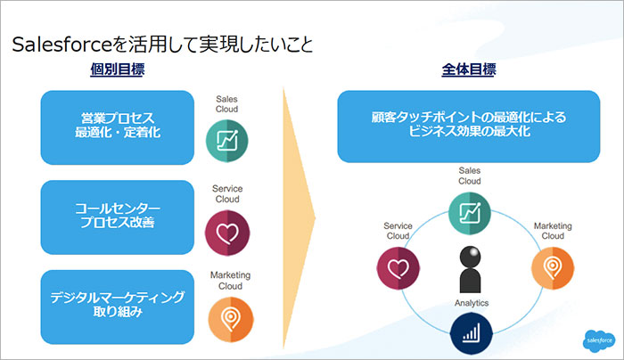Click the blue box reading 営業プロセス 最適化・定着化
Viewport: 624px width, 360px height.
pyautogui.click(x=117, y=127)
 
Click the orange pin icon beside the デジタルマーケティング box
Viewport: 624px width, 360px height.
pyautogui.click(x=226, y=319)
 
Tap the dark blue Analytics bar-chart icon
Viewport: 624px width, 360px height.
pyautogui.click(x=470, y=334)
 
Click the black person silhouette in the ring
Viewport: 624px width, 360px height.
pyautogui.click(x=470, y=266)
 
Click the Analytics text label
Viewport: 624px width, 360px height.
pyautogui.click(x=470, y=304)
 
